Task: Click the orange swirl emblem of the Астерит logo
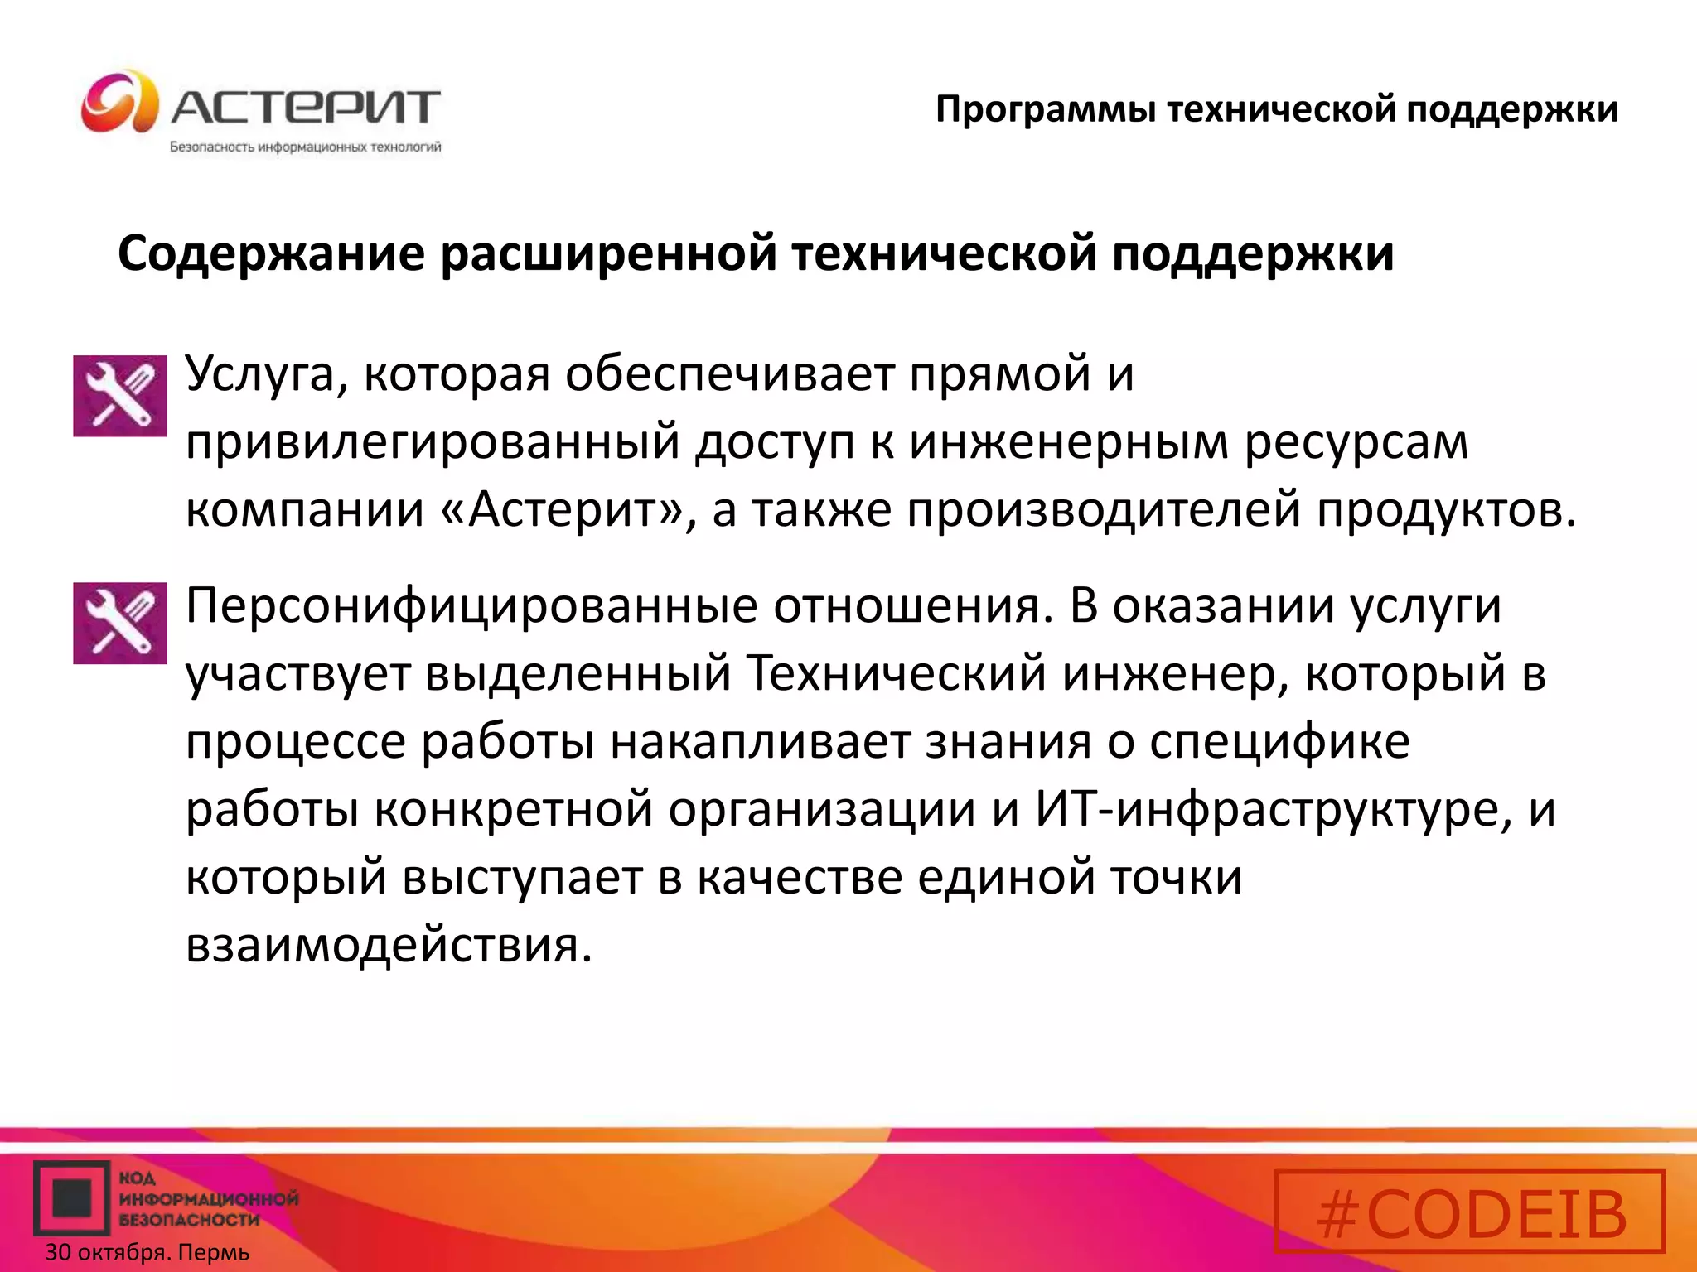(119, 102)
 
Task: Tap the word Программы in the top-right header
(1045, 110)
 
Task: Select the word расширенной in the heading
(608, 253)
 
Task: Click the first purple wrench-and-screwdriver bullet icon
(120, 396)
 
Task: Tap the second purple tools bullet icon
(120, 623)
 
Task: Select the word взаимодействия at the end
(389, 945)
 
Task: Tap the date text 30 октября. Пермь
(147, 1252)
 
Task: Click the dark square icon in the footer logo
(72, 1197)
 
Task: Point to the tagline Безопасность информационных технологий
(306, 147)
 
